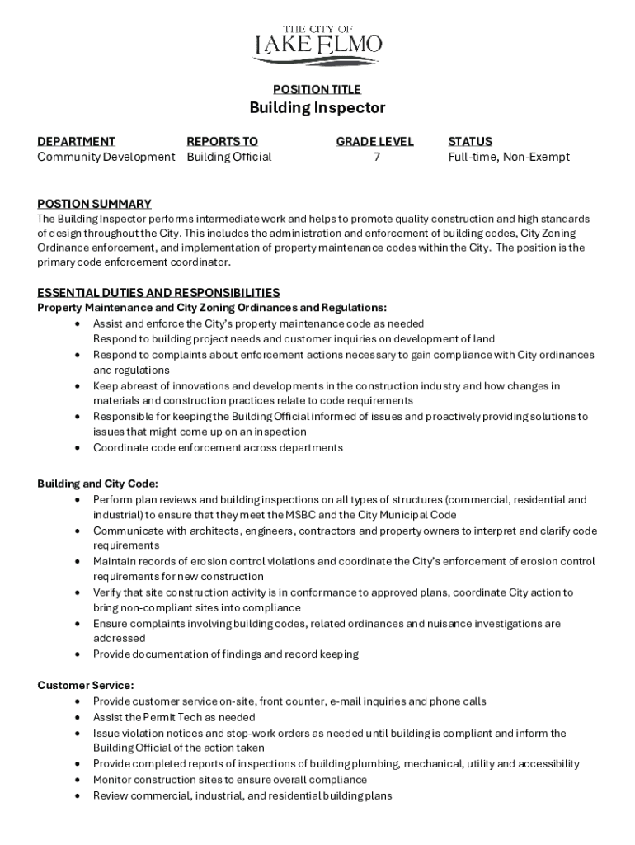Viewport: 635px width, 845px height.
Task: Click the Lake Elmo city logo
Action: tap(317, 45)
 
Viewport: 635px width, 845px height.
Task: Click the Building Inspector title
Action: tap(317, 108)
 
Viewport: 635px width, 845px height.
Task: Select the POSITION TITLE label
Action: tap(317, 89)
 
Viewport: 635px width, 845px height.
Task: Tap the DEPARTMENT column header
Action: tap(76, 141)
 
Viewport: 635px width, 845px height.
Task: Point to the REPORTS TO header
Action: tap(222, 141)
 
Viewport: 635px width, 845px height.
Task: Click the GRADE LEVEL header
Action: tap(374, 141)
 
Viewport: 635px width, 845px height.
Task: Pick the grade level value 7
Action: tap(377, 157)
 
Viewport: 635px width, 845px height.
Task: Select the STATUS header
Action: tap(470, 141)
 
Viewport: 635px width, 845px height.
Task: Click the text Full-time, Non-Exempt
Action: tap(508, 157)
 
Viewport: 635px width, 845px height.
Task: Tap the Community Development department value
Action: tap(106, 157)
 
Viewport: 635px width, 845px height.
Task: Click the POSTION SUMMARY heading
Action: tap(94, 204)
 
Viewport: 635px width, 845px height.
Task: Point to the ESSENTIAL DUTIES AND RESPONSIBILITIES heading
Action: tap(158, 292)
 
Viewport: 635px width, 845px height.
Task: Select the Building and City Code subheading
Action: tap(97, 484)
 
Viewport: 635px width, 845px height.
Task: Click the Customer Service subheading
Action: tap(86, 685)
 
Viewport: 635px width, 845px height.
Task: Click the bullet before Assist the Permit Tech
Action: tap(77, 718)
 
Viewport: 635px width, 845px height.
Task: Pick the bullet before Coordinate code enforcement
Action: tap(77, 448)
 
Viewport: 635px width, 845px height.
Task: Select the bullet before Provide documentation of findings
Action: tap(77, 654)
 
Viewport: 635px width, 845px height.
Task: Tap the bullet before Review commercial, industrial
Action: tap(77, 796)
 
